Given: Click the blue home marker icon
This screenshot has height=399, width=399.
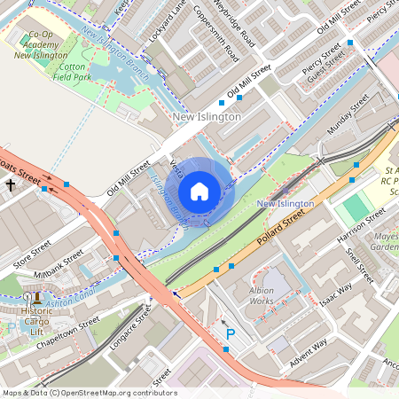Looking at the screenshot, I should tap(199, 192).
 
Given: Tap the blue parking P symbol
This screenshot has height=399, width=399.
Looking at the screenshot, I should tap(231, 334).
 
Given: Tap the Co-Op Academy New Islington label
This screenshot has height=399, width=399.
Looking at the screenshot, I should tap(41, 44).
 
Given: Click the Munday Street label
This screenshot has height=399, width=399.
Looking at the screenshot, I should tap(348, 116).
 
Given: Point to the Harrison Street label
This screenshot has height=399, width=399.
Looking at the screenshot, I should tap(362, 227).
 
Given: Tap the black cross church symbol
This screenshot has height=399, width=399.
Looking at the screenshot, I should tap(11, 185).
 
